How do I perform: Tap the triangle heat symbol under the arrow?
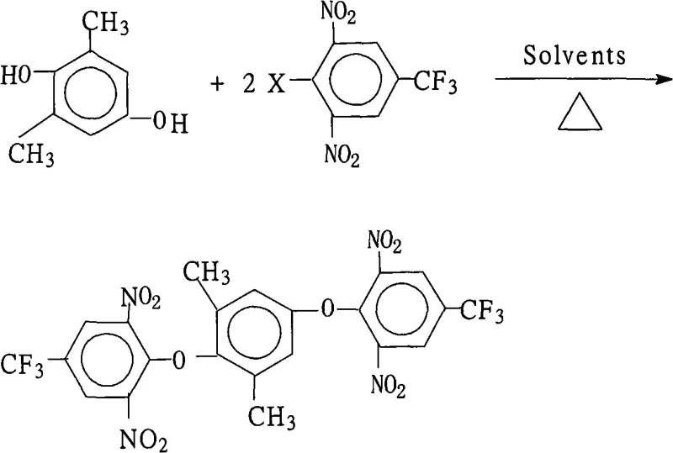[580, 113]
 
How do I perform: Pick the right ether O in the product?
[329, 312]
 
